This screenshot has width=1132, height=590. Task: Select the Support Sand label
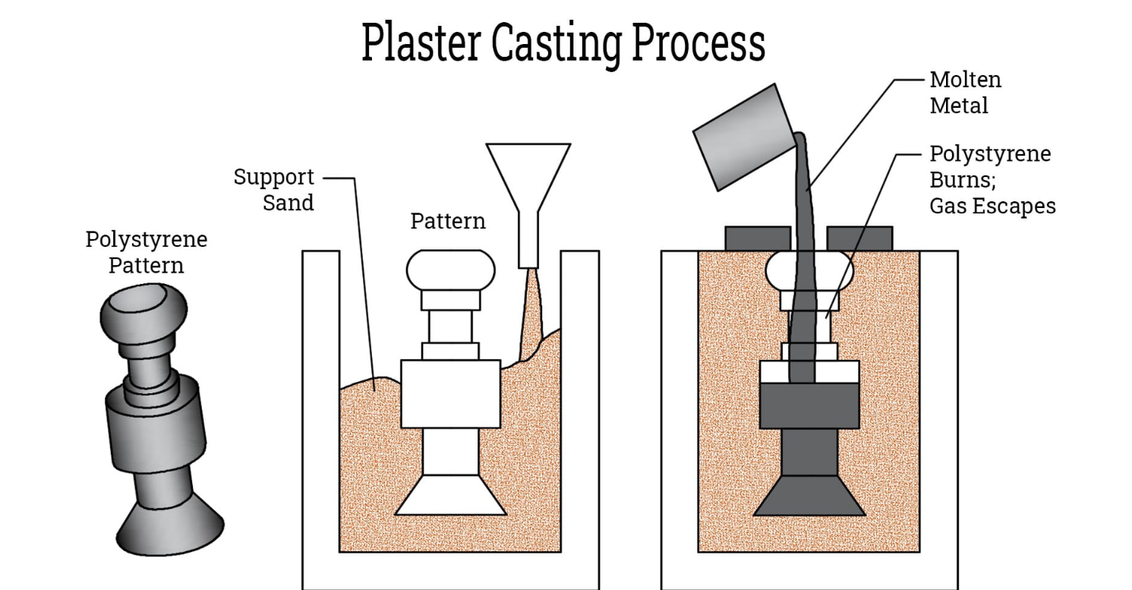coord(273,190)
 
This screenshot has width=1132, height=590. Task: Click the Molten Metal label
coord(965,93)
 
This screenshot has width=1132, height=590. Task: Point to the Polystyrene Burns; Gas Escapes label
coord(992,180)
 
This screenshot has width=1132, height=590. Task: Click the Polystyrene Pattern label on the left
coord(146,253)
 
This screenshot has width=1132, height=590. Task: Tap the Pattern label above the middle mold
coord(448,222)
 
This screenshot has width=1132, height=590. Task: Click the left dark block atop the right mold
coord(758,238)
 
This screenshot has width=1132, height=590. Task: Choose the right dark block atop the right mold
coord(859,238)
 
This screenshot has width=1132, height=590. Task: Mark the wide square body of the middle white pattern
coord(450,393)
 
